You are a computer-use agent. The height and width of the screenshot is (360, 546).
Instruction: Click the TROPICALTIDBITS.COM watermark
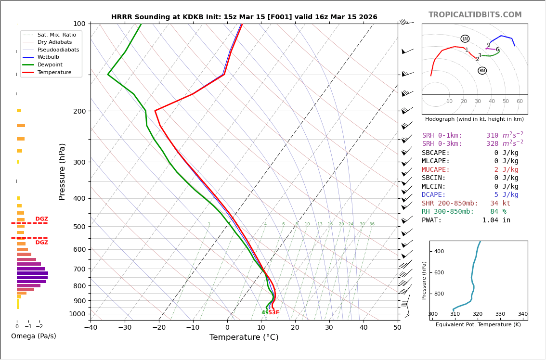tap(475, 15)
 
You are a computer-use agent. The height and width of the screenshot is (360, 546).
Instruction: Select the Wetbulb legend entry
tap(48, 57)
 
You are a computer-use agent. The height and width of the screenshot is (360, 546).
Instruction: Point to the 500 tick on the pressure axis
tap(79, 227)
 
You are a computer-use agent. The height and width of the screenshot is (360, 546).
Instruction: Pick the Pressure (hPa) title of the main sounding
tap(62, 171)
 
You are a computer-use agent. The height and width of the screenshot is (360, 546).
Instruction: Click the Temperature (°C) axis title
tap(244, 337)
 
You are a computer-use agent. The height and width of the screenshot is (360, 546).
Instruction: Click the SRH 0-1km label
tap(442, 136)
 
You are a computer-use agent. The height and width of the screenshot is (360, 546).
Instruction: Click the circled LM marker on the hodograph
tap(465, 39)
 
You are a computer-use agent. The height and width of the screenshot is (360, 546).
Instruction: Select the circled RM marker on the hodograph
tap(482, 71)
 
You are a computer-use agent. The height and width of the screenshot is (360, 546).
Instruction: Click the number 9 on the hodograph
tap(488, 45)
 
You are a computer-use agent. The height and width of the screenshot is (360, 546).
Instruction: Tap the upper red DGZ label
tap(41, 219)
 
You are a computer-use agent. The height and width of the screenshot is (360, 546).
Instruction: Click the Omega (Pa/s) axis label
tap(33, 336)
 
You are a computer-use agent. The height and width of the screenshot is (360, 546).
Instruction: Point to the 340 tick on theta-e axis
tap(522, 314)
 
